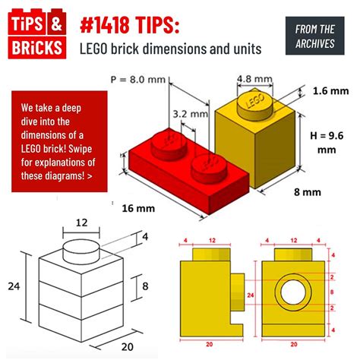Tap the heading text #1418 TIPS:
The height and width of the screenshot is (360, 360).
[x=130, y=25]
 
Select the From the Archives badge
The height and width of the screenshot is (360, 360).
[x=314, y=36]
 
